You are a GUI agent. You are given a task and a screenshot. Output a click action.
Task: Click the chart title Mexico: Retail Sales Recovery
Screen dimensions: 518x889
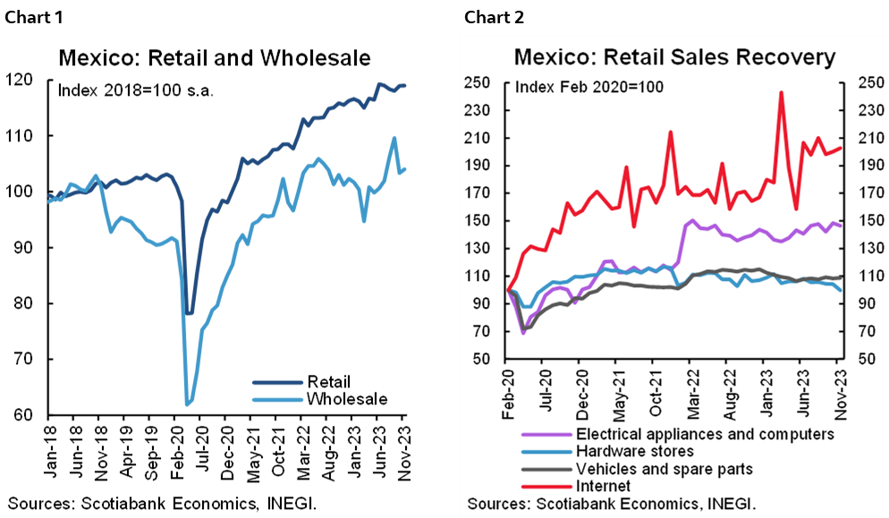pos(674,58)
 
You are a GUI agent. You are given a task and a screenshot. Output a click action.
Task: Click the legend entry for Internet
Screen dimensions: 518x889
pos(604,486)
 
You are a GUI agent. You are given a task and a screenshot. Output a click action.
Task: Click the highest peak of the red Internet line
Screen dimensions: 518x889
pos(782,92)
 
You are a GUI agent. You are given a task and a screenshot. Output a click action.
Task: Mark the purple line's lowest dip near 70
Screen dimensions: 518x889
pos(523,333)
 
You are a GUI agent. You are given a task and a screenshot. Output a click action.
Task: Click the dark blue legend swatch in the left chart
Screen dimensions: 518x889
pos(278,382)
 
